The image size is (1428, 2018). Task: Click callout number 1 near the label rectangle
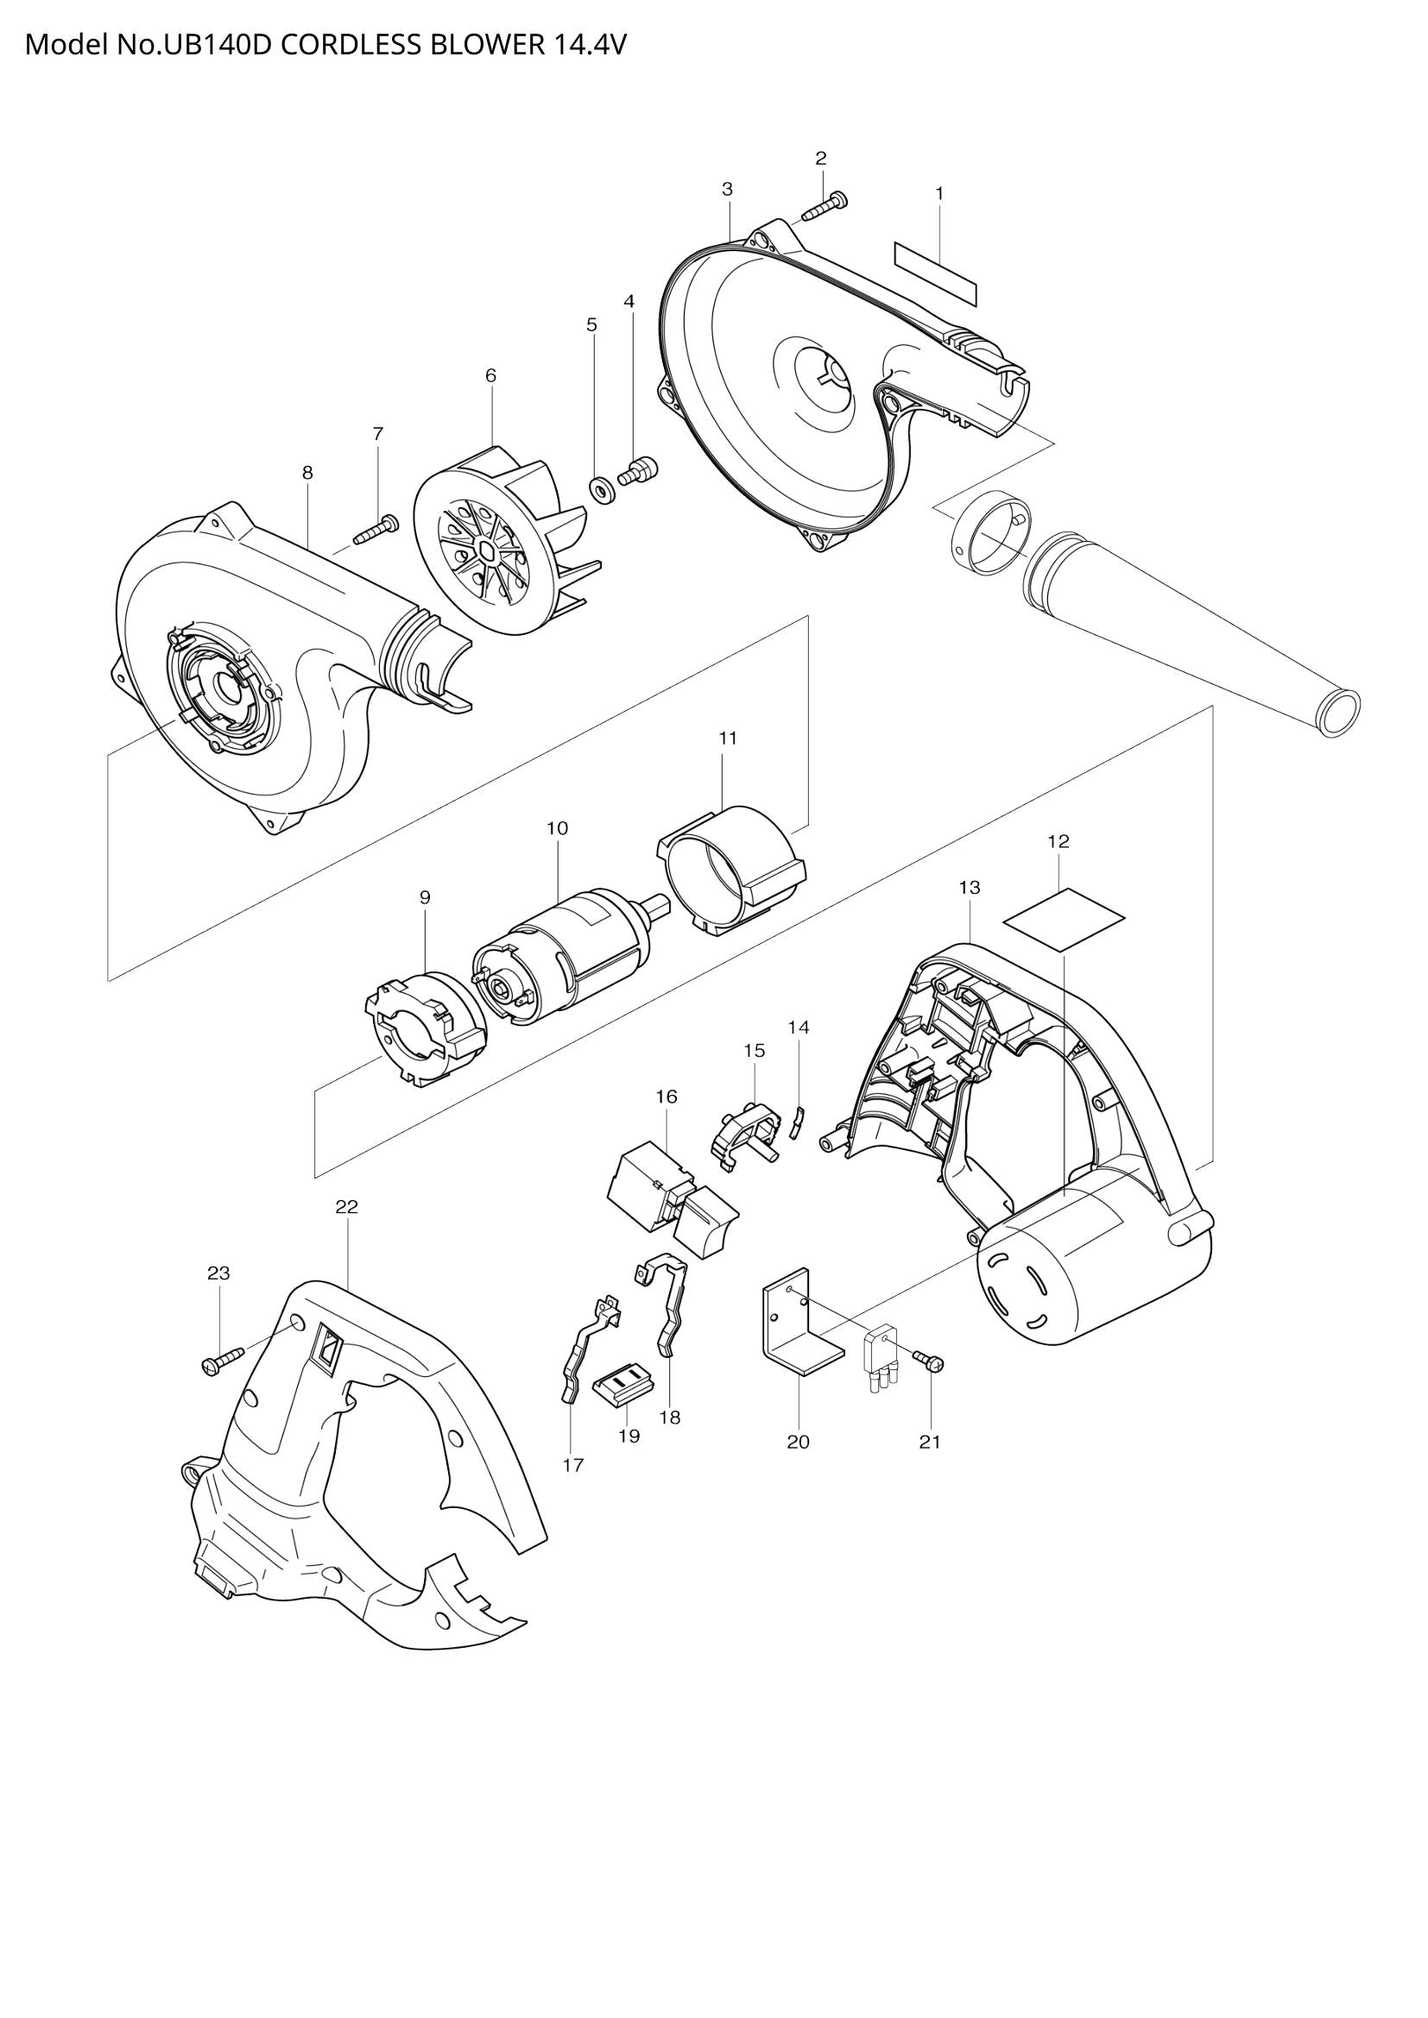(x=939, y=192)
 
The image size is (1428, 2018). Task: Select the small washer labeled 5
(x=603, y=487)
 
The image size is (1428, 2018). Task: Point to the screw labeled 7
(x=377, y=531)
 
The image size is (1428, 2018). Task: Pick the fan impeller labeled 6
(x=502, y=545)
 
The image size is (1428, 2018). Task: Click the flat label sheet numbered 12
(x=1064, y=919)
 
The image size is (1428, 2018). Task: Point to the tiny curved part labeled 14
(x=799, y=1122)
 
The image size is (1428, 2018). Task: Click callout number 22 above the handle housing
(x=346, y=1207)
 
